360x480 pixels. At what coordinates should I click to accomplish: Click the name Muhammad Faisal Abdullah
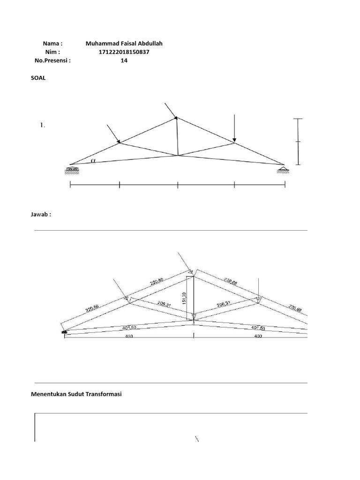click(124, 44)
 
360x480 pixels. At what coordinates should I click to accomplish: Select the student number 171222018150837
click(124, 52)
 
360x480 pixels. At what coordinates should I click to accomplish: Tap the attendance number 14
click(124, 60)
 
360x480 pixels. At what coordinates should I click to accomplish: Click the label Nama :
click(52, 44)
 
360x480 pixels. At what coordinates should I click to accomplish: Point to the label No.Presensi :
click(52, 60)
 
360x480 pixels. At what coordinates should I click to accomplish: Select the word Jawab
click(39, 214)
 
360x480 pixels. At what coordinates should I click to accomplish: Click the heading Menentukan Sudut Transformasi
click(76, 395)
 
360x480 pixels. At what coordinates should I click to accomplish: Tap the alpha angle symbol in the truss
click(93, 160)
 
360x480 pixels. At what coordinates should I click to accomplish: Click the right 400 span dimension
click(258, 336)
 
